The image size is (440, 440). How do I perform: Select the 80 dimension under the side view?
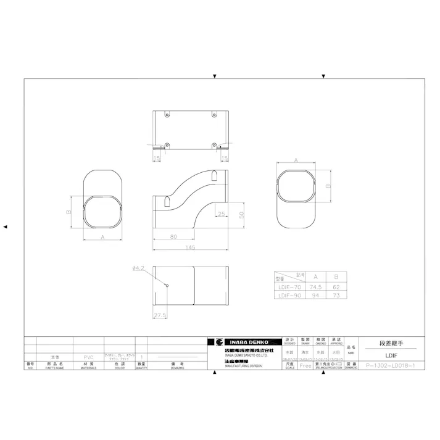[173, 236]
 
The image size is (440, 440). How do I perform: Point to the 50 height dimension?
[242, 214]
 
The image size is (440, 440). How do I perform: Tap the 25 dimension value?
[222, 214]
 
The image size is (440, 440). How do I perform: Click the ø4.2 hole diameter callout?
[138, 268]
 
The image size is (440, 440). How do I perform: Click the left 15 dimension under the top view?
[157, 159]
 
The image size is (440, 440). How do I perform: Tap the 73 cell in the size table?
[336, 296]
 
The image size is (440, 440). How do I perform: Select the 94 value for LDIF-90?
[316, 296]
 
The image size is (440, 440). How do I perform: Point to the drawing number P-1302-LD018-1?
[394, 365]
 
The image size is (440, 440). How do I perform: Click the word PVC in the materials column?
[88, 357]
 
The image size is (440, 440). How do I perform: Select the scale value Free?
[305, 365]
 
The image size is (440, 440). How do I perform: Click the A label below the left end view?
[101, 236]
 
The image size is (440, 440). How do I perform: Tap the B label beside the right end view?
[329, 185]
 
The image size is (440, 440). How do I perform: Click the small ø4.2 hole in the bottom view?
[167, 284]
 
